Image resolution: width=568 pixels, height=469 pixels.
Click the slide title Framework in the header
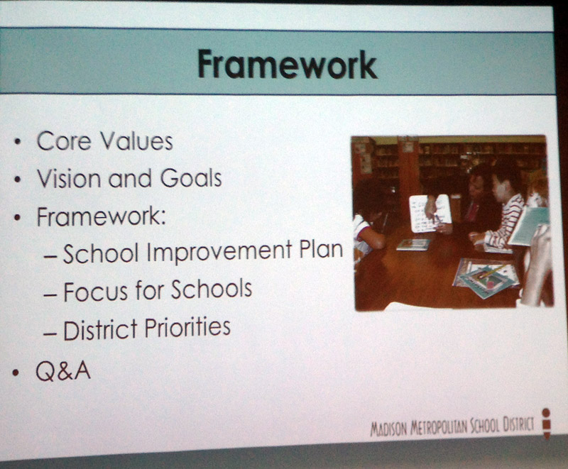288,65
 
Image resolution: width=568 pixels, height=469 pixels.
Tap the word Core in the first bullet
63,140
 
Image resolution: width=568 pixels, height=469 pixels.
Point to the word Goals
191,178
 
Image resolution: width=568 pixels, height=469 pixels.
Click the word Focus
96,292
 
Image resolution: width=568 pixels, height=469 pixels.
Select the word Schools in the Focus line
212,289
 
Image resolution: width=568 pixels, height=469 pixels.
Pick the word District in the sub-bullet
100,329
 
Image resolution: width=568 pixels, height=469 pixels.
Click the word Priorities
187,327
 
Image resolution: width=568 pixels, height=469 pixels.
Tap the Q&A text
63,371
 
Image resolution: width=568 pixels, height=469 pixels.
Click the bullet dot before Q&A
15,373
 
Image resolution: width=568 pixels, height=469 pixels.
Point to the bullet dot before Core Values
17,142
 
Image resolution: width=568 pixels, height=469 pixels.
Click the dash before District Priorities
50,333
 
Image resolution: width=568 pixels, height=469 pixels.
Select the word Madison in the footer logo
388,429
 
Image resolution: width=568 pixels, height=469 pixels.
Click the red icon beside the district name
546,423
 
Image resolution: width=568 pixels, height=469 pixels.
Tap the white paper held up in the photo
430,214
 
